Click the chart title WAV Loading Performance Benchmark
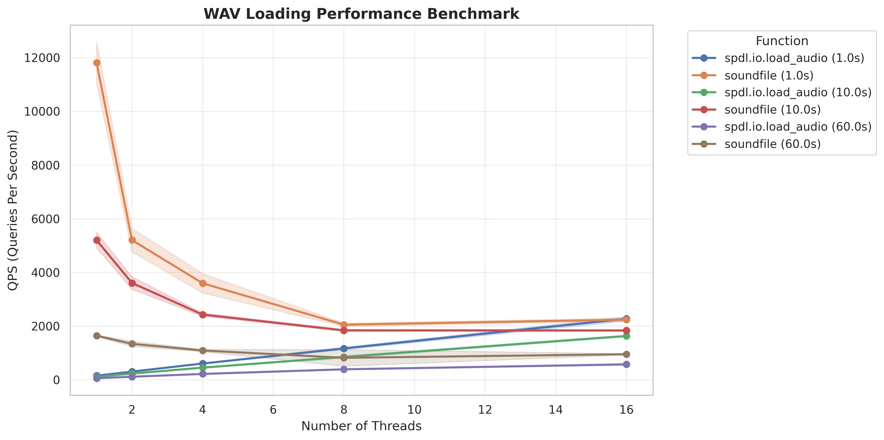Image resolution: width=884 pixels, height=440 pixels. click(x=361, y=14)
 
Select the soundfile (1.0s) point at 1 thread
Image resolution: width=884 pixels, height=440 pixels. click(x=97, y=63)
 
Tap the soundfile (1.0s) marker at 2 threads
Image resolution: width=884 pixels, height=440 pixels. click(x=132, y=240)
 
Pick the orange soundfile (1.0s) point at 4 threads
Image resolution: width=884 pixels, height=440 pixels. click(x=202, y=283)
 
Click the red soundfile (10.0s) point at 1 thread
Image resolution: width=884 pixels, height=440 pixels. click(x=97, y=240)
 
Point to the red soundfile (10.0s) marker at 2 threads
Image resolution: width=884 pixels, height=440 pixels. click(x=132, y=283)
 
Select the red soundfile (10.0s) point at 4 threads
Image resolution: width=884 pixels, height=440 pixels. click(x=202, y=315)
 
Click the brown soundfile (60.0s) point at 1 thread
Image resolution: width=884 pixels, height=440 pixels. click(x=97, y=336)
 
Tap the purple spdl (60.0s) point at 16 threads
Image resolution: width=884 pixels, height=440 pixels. click(x=626, y=365)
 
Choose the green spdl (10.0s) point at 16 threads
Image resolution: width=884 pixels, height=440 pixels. click(x=626, y=336)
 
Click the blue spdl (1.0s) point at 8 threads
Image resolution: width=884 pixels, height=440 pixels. click(x=344, y=349)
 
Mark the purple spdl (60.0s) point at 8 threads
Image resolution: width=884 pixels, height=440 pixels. click(x=344, y=369)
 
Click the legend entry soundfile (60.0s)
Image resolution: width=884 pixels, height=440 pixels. click(x=772, y=144)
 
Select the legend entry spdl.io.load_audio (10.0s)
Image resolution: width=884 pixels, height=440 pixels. click(x=798, y=93)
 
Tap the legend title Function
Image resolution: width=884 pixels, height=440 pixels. click(x=782, y=41)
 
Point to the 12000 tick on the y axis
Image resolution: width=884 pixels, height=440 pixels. click(x=42, y=58)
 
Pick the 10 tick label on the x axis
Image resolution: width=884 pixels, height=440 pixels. click(x=414, y=409)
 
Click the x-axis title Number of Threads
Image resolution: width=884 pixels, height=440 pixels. click(x=361, y=426)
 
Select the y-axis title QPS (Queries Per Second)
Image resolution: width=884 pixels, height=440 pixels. click(x=13, y=210)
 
